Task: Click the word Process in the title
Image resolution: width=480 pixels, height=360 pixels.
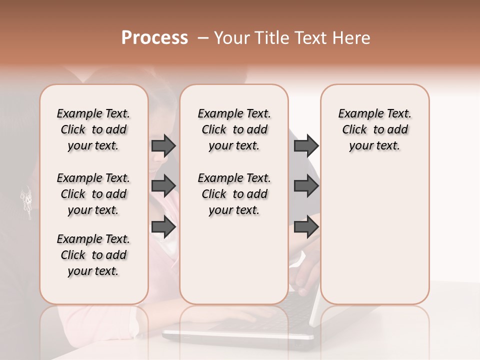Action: tap(154, 38)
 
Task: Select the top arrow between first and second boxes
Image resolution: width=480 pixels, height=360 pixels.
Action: tap(163, 145)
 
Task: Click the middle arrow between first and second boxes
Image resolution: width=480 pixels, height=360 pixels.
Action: tap(163, 185)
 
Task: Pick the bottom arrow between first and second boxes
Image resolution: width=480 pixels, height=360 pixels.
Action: tap(163, 226)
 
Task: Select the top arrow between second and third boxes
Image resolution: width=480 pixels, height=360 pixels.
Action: tap(306, 145)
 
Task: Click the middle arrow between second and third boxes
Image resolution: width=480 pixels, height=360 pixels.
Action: tap(306, 185)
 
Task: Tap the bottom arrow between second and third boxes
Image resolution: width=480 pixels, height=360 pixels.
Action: tap(306, 226)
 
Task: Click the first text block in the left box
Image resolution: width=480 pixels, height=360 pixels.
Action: tap(93, 129)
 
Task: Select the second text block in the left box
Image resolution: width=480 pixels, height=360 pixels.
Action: tap(93, 194)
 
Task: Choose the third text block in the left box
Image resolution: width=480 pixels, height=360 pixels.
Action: tap(93, 255)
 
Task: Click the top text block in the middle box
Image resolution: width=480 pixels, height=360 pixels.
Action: tap(234, 129)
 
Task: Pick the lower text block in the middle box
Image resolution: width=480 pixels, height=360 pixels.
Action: tap(234, 194)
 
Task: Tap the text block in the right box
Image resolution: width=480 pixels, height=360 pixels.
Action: tap(374, 129)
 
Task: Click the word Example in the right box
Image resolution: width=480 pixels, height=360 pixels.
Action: tap(356, 114)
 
